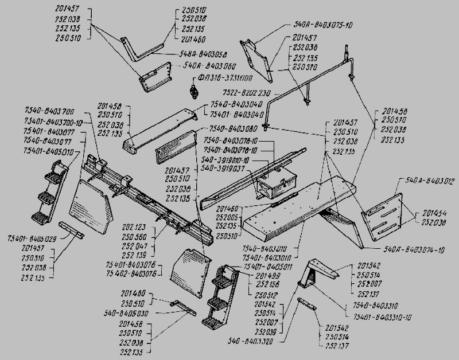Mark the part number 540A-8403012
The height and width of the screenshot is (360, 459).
(430, 181)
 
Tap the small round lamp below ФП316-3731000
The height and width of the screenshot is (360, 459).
(194, 91)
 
